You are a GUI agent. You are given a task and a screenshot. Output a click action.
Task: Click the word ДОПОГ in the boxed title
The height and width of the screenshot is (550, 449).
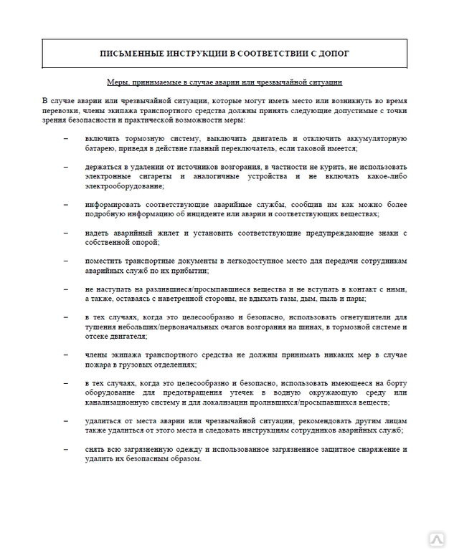[333, 53]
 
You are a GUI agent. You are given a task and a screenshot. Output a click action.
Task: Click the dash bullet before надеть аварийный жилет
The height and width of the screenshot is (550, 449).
[66, 233]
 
